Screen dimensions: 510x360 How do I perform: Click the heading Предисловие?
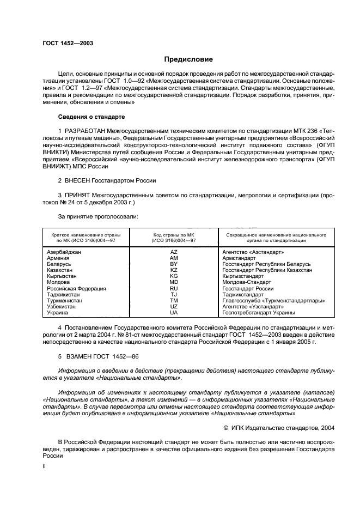188,59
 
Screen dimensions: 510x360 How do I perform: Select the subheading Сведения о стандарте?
91,117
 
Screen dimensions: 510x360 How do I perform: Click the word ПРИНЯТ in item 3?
80,195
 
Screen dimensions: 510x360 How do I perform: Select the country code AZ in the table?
174,252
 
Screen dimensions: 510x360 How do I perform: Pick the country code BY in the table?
174,264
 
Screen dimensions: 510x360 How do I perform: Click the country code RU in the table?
174,288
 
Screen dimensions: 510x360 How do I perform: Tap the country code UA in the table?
174,313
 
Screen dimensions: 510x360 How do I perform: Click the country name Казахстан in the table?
62,270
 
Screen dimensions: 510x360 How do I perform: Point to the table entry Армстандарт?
239,258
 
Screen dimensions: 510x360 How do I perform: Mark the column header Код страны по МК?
174,234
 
